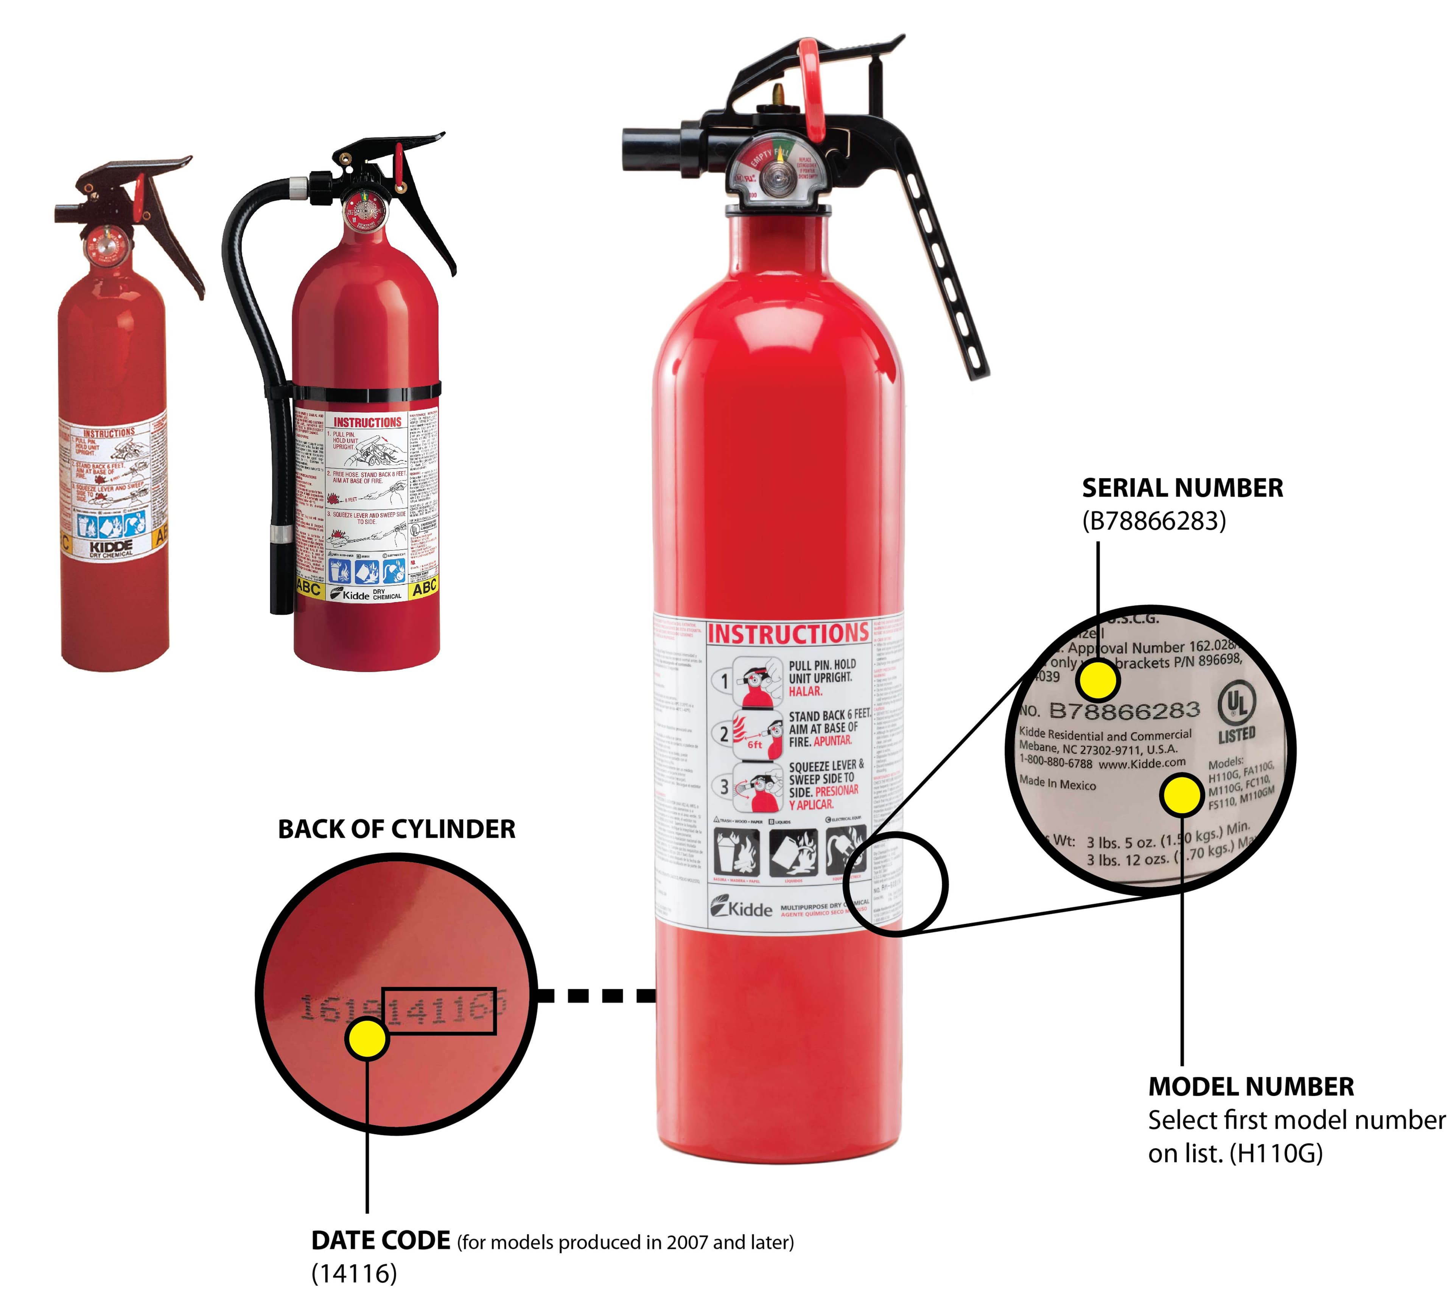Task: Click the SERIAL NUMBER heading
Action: (x=1182, y=488)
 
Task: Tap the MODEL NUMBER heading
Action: (x=1251, y=1086)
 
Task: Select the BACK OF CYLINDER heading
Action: (x=396, y=829)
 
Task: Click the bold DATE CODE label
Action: (x=380, y=1240)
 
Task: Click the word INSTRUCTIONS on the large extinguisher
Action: (x=787, y=634)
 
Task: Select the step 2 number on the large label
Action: (x=723, y=733)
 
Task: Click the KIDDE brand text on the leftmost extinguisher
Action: (x=111, y=546)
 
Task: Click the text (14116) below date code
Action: (x=353, y=1274)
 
